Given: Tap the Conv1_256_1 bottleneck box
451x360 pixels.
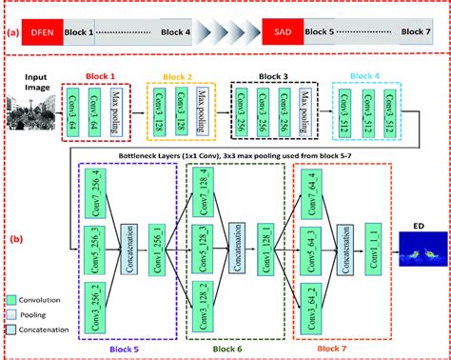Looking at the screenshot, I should (170, 234).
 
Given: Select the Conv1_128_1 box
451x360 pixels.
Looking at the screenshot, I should (282, 234).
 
